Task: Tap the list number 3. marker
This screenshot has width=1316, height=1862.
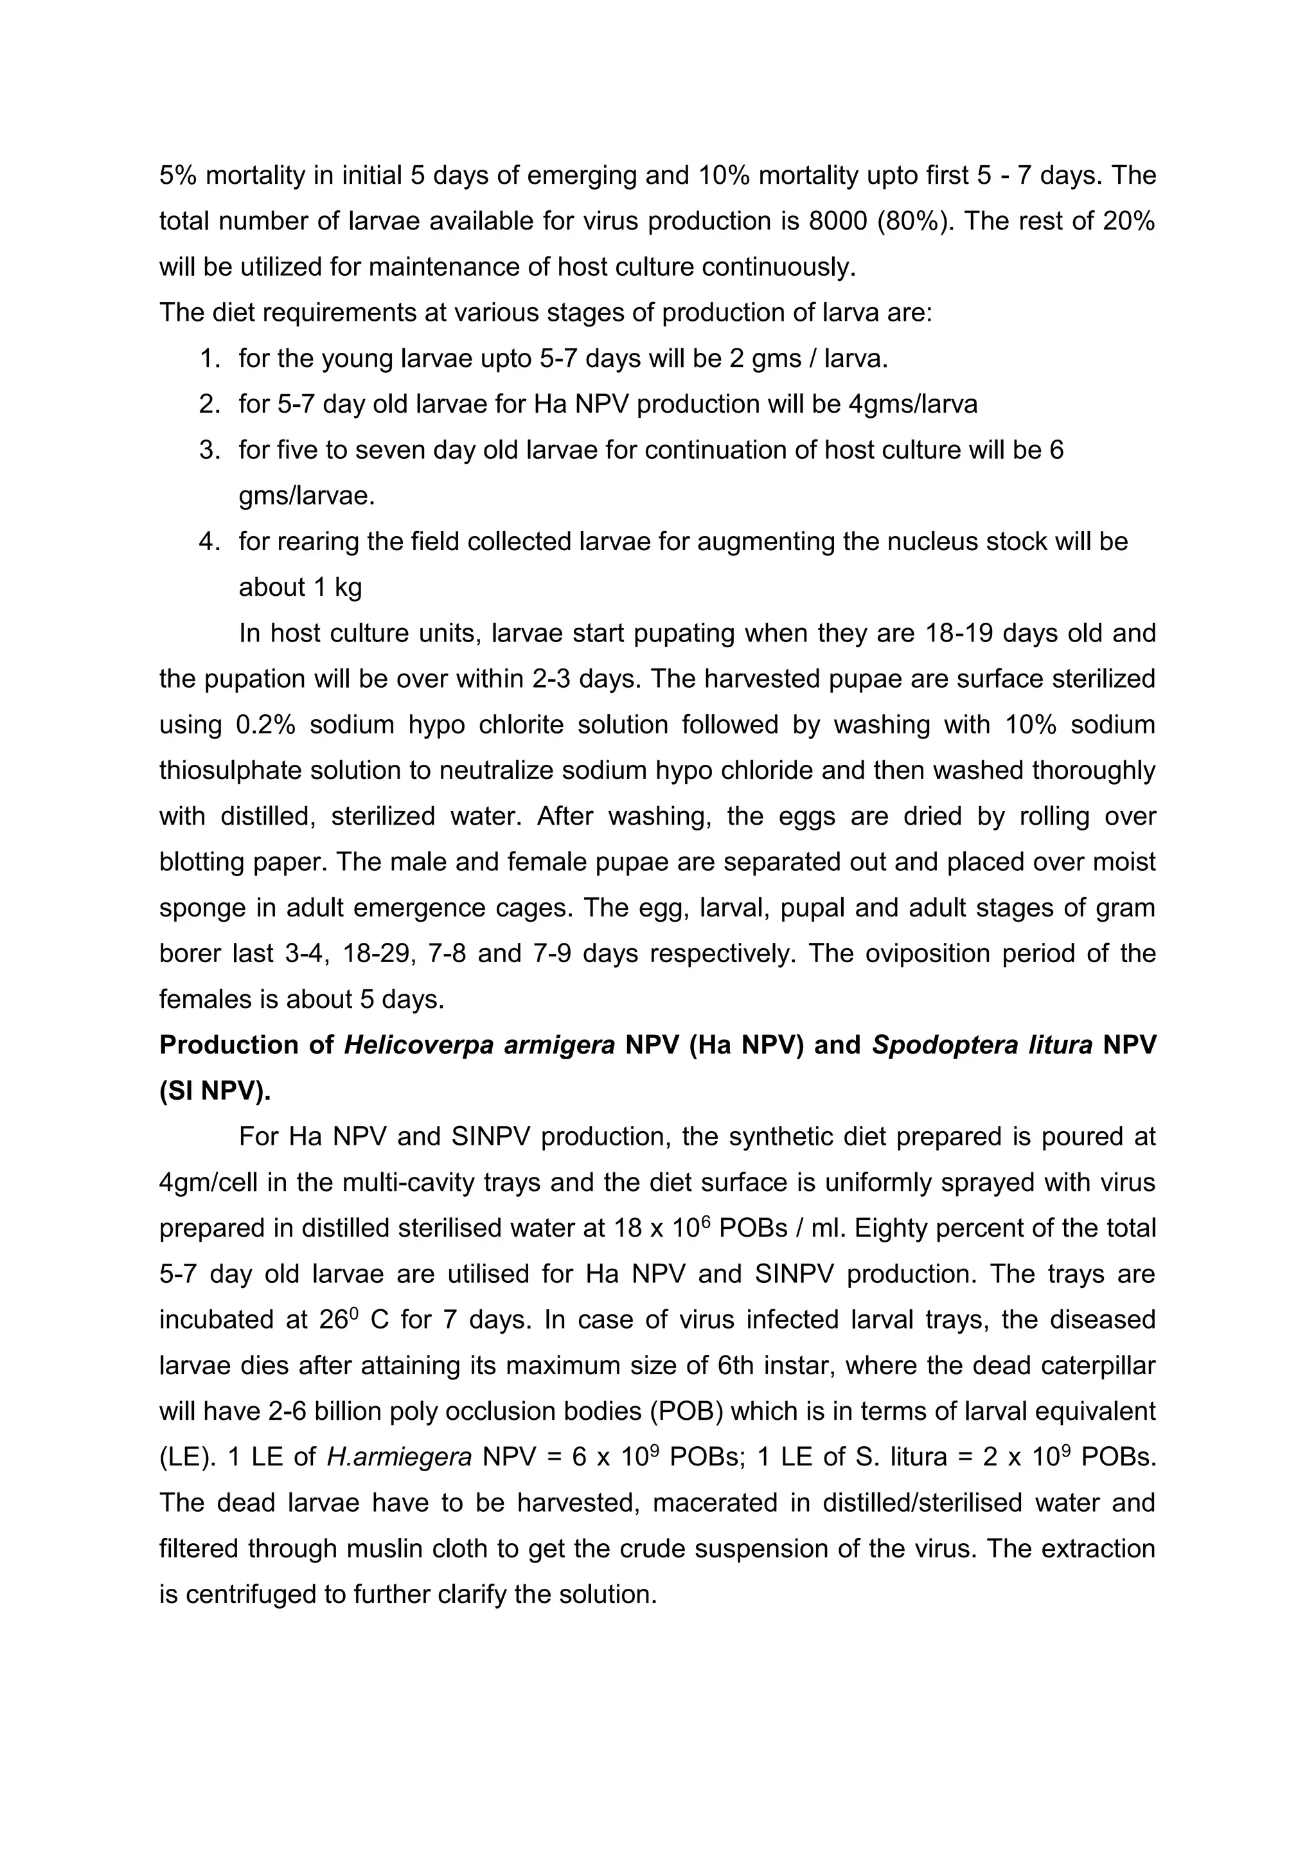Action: pos(210,450)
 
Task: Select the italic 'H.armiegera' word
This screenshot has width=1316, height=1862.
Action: pos(399,1458)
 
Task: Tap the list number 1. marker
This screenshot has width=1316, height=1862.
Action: pos(210,359)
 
